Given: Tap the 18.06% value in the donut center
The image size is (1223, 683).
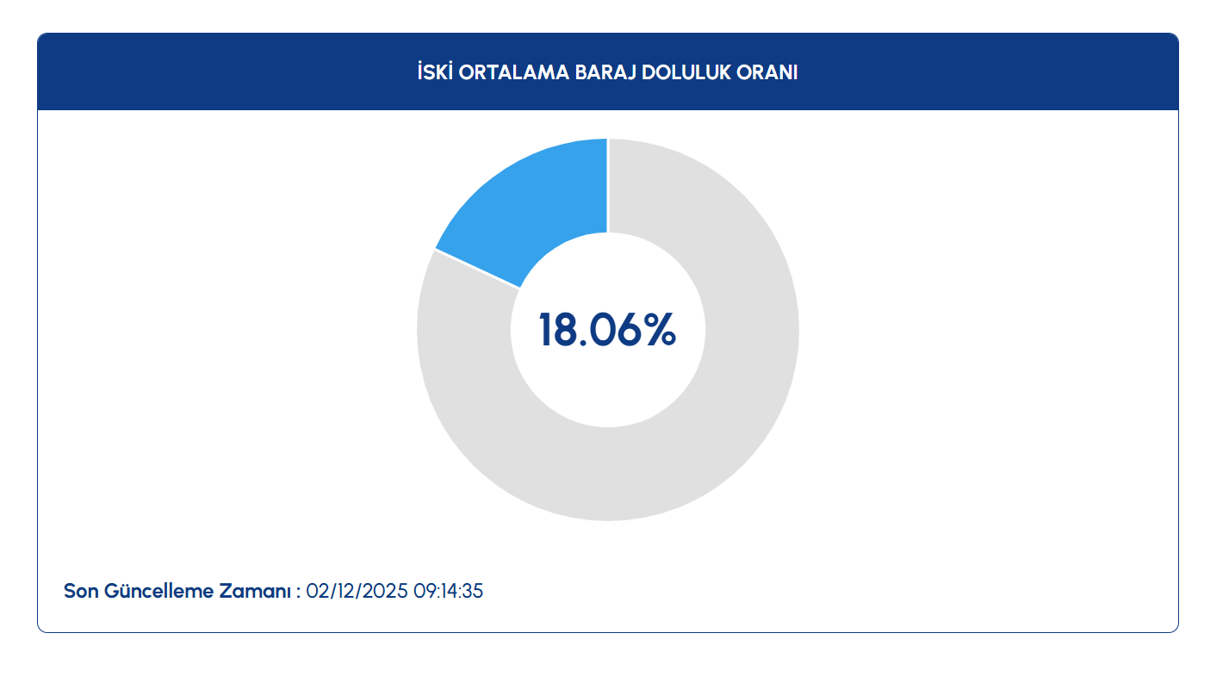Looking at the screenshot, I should pos(607,331).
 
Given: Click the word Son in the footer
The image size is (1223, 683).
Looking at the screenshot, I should pos(81,592).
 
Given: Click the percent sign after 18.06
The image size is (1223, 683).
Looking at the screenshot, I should pos(659,331).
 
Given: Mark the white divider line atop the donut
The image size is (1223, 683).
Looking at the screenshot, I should pos(608,185).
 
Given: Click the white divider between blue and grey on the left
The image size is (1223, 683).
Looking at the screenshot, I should pos(478,269).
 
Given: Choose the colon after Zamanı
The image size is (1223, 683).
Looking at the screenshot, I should pos(298,593).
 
